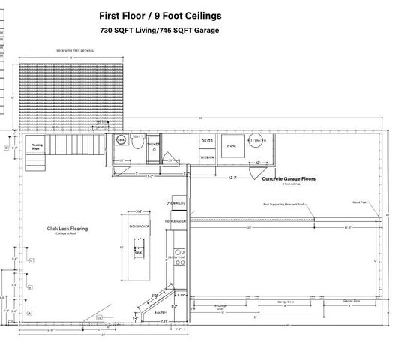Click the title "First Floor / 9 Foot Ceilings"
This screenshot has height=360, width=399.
click(160, 15)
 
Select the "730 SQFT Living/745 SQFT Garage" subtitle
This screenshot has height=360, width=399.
click(160, 31)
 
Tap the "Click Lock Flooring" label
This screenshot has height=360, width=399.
click(67, 228)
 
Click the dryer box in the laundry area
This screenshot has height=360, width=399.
click(208, 142)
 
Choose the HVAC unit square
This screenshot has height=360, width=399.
click(232, 148)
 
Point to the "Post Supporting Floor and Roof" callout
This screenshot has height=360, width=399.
click(282, 203)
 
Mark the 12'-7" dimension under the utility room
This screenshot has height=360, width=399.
click(233, 178)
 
